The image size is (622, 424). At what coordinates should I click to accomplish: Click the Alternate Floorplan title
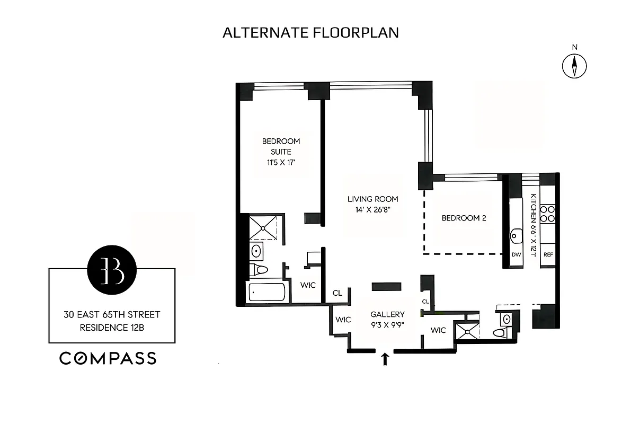(310, 32)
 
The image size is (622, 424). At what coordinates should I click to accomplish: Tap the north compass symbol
(574, 66)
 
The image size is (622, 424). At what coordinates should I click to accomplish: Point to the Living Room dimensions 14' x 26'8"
(372, 209)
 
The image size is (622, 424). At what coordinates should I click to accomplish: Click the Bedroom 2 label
(464, 218)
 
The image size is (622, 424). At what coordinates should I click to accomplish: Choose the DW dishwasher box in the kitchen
(517, 254)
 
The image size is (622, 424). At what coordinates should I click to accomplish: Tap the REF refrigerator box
(548, 254)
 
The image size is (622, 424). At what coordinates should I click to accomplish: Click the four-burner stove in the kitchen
(548, 213)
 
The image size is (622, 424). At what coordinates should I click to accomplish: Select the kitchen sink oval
(516, 234)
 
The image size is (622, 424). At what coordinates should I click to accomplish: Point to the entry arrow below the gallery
(385, 359)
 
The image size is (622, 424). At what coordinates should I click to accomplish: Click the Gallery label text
(387, 314)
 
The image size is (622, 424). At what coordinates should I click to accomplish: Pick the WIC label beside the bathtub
(308, 285)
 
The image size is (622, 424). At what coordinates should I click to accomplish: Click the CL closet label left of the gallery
(337, 293)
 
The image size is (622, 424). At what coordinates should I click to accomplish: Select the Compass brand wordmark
(108, 358)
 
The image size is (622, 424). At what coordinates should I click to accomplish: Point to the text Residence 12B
(112, 327)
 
